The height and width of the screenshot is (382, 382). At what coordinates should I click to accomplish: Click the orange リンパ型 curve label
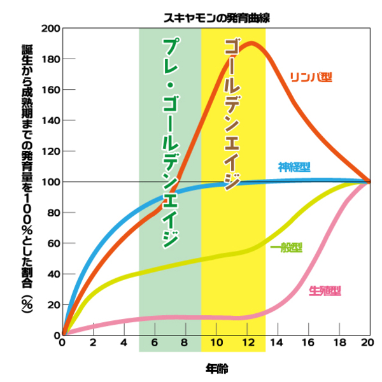tap(312, 77)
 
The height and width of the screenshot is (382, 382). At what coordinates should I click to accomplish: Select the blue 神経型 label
tap(294, 167)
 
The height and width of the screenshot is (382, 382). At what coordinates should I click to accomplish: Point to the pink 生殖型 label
tap(325, 290)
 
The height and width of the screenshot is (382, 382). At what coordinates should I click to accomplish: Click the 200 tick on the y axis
tap(50, 29)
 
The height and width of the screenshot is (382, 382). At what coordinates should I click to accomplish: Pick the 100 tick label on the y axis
tap(50, 182)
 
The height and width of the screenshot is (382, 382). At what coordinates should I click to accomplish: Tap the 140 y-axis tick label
tap(50, 121)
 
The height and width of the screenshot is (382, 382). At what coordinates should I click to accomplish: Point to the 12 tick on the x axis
tap(246, 343)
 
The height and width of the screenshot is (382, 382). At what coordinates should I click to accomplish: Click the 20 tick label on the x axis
tap(370, 343)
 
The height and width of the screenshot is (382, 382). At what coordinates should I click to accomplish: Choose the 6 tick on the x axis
tap(154, 343)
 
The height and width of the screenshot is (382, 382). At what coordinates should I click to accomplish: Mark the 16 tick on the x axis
tap(308, 343)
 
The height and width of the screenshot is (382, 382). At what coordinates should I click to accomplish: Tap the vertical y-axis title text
tap(27, 181)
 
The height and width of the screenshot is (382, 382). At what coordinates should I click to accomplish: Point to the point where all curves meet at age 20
tap(369, 182)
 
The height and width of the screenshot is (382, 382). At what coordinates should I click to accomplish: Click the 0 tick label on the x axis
tap(62, 343)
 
